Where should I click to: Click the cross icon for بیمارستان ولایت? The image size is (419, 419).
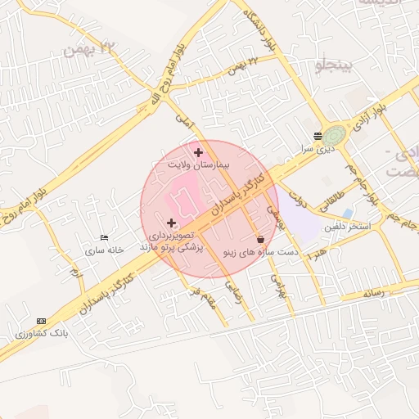click(x=198, y=152)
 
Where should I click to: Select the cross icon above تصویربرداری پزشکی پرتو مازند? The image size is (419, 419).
click(x=171, y=223)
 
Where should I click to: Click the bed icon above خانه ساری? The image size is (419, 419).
click(x=103, y=237)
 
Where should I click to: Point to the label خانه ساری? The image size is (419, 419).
click(x=105, y=250)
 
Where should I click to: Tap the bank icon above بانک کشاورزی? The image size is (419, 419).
click(x=42, y=321)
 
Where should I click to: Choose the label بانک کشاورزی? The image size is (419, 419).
click(x=42, y=334)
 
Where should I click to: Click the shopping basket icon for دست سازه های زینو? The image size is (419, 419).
click(x=260, y=240)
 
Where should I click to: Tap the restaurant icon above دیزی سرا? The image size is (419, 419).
click(x=318, y=137)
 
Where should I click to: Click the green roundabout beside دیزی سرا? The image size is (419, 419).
click(x=336, y=136)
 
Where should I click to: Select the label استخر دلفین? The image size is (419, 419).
click(x=348, y=225)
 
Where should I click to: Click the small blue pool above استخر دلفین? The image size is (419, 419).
click(x=349, y=214)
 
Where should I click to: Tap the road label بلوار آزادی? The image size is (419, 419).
click(x=368, y=115)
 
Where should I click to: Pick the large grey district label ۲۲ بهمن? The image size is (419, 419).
click(x=91, y=47)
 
